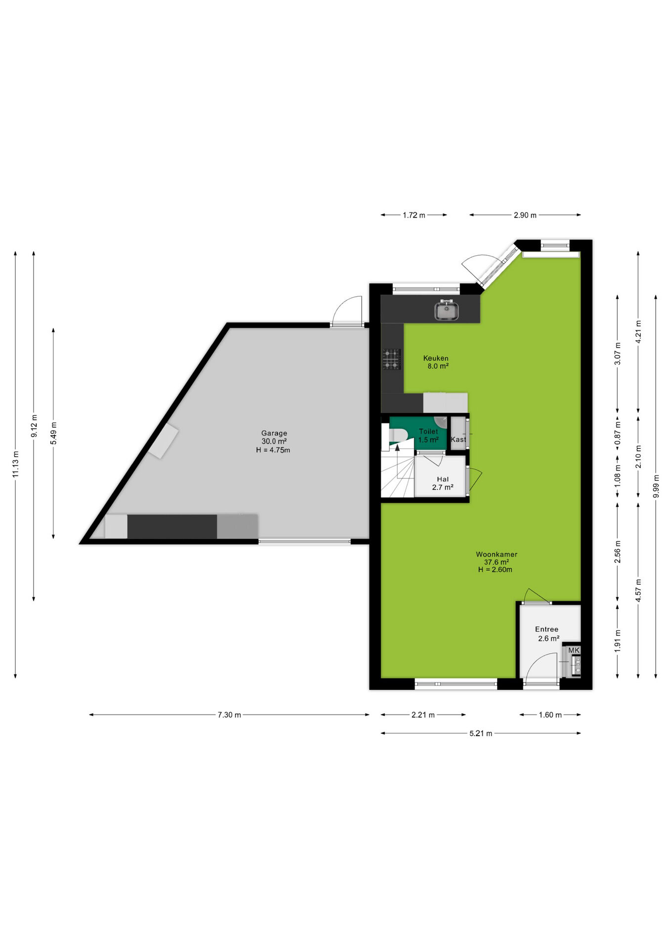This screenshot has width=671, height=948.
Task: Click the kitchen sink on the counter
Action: [x=447, y=310]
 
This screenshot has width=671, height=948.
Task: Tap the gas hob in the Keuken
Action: [x=391, y=359]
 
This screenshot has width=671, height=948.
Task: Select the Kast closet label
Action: [x=458, y=439]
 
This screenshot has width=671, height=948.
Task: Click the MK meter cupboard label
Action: [x=574, y=650]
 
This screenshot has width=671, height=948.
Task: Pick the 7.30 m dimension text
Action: [x=229, y=714]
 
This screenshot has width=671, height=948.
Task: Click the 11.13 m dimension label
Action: [x=16, y=464]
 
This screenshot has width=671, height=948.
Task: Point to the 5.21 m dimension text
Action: [x=481, y=733]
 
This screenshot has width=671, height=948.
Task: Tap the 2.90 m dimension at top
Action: [x=525, y=215]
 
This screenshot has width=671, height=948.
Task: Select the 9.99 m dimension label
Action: [x=656, y=486]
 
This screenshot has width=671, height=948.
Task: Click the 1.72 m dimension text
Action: [x=414, y=215]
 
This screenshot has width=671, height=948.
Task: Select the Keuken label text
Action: [x=436, y=358]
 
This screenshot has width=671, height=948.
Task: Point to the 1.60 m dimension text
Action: [x=550, y=714]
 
